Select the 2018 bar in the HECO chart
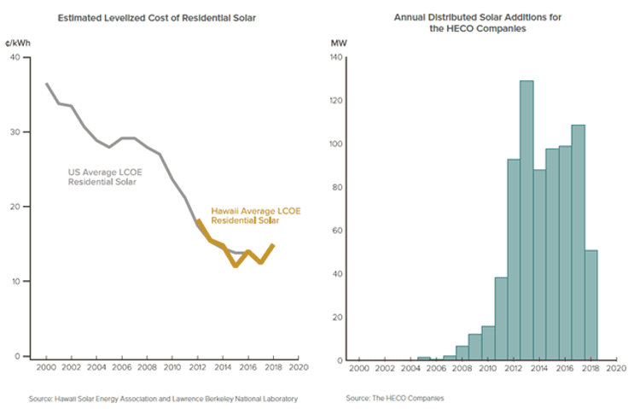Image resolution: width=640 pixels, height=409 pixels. tap(591, 305)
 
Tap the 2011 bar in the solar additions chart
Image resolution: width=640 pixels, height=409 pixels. tap(501, 318)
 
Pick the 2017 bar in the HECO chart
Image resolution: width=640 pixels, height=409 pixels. tap(578, 242)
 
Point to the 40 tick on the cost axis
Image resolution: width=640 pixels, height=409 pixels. tap(15, 58)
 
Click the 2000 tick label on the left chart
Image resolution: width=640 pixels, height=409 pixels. tap(46, 369)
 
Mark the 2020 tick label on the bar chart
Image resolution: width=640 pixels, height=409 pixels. tap(615, 369)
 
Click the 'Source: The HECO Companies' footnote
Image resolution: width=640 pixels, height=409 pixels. tap(394, 398)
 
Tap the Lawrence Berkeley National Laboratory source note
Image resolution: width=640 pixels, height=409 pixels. tap(163, 398)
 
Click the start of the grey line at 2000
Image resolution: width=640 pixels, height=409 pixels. tap(46, 84)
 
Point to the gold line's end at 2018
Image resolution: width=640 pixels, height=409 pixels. tap(272, 245)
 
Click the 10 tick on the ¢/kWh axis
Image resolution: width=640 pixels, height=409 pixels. tap(15, 282)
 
